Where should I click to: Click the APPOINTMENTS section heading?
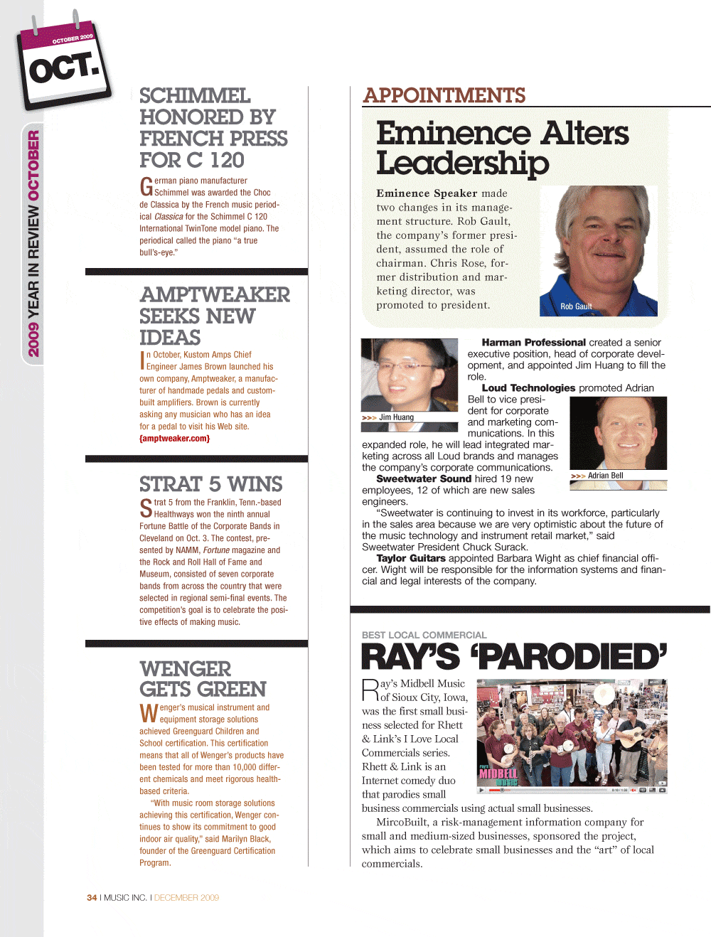[x=444, y=95]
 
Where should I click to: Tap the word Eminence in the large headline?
[x=452, y=134]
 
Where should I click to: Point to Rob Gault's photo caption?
[x=576, y=306]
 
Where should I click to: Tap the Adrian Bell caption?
[x=605, y=476]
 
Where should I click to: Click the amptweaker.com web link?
[x=174, y=439]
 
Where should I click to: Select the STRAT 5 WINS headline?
[x=210, y=484]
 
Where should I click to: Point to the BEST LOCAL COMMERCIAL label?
[x=424, y=635]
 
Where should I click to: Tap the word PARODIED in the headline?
[x=572, y=657]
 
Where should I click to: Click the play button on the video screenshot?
[x=481, y=790]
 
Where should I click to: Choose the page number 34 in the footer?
[x=92, y=898]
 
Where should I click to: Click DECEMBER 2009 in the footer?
[x=186, y=898]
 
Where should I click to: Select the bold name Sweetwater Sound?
[x=424, y=479]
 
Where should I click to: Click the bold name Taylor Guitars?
[x=411, y=559]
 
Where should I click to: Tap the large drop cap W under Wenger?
[x=149, y=713]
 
